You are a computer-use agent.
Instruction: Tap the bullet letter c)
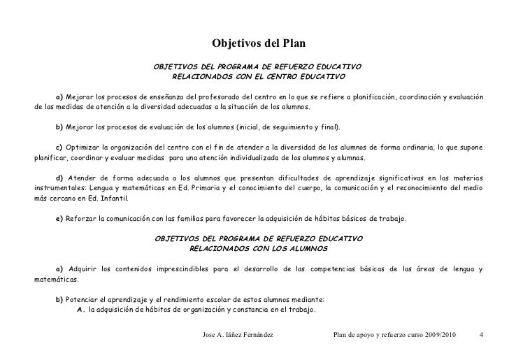(59, 148)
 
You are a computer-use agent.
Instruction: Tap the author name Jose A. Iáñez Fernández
(237, 336)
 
